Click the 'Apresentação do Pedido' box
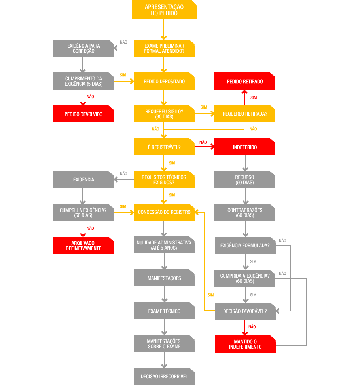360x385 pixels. click(164, 10)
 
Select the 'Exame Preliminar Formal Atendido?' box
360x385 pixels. click(164, 48)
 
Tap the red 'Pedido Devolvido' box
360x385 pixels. click(83, 114)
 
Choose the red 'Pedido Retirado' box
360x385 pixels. click(245, 81)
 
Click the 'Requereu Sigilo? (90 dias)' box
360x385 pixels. click(164, 114)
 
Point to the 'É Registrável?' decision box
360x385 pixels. click(164, 147)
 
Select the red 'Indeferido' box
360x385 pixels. click(245, 147)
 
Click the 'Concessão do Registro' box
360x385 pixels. click(164, 212)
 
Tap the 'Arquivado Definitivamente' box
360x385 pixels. click(83, 245)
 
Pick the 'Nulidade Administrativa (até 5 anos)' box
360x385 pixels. click(164, 245)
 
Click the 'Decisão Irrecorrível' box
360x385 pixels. click(164, 376)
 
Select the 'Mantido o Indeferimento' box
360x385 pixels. click(245, 344)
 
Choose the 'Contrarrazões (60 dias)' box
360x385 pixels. click(245, 212)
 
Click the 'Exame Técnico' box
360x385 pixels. click(164, 311)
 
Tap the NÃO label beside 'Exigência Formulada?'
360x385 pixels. click(282, 241)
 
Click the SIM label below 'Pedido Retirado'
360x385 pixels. click(254, 97)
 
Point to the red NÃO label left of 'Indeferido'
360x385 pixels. click(203, 143)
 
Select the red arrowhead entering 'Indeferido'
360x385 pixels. click(212, 147)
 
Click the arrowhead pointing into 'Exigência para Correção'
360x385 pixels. click(116, 48)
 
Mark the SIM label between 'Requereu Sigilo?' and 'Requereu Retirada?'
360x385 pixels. click(204, 107)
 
